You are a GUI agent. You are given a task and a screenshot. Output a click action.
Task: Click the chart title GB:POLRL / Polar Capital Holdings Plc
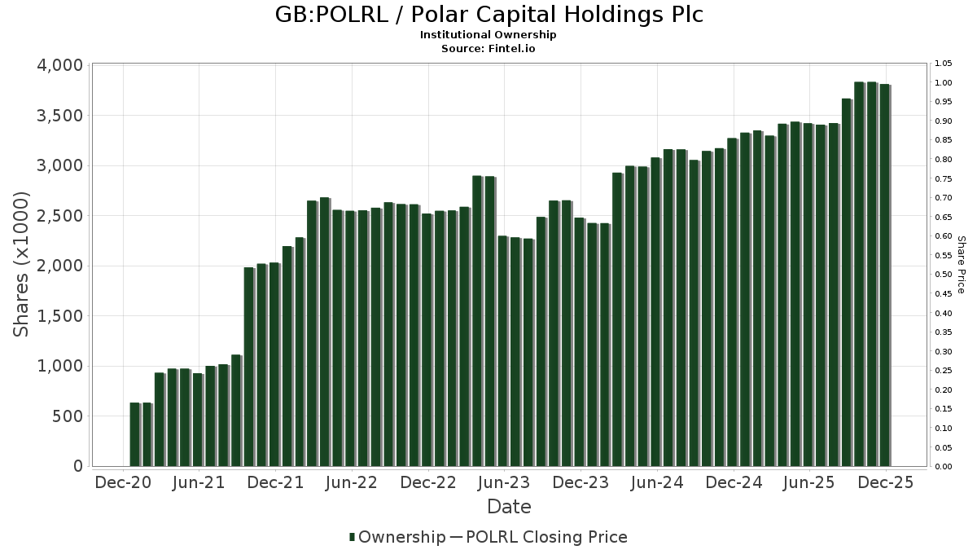(x=488, y=15)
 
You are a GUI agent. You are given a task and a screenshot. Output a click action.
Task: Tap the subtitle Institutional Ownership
(x=488, y=35)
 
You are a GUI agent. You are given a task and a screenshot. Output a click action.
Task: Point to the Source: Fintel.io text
(x=488, y=49)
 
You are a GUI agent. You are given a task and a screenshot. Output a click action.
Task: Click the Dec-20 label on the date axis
(x=123, y=482)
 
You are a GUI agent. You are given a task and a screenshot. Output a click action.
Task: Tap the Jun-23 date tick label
(x=504, y=482)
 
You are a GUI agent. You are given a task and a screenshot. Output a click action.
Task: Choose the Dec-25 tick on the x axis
(x=886, y=482)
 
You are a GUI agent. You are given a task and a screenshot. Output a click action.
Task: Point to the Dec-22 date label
(x=428, y=482)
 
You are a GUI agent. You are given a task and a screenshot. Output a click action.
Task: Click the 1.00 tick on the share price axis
(x=943, y=83)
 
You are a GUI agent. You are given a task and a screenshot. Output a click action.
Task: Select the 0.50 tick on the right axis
(x=943, y=275)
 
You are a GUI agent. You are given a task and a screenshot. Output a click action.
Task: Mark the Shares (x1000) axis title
(x=22, y=265)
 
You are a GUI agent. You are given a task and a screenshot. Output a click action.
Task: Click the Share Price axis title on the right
(x=961, y=265)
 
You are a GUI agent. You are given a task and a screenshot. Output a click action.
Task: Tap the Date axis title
(x=509, y=507)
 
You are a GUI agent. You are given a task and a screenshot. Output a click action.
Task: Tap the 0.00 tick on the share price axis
(x=943, y=467)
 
